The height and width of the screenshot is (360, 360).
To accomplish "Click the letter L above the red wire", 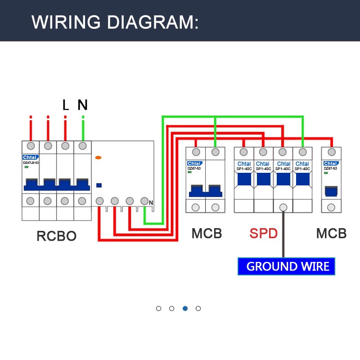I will click(66, 105).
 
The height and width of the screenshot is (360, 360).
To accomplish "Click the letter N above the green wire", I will click(82, 105).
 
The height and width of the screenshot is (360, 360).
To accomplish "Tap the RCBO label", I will click(56, 236).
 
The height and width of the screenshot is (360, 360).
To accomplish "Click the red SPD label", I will click(264, 234).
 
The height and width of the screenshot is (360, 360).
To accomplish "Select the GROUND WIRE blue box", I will click(287, 266).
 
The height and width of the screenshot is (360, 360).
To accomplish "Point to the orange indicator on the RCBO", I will click(98, 157).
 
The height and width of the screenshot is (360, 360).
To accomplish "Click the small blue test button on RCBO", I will click(99, 185).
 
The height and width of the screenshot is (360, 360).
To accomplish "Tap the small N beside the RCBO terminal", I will click(151, 203).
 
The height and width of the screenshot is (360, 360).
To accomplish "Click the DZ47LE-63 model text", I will click(31, 163).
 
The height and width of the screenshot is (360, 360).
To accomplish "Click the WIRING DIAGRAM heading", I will click(115, 22).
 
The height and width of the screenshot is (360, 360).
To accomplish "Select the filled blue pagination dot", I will click(185, 308).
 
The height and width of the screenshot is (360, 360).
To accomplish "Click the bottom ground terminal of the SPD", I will click(283, 207).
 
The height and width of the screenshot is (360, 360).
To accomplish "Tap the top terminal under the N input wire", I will click(82, 146).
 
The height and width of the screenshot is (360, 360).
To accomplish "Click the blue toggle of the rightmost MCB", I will click(331, 191).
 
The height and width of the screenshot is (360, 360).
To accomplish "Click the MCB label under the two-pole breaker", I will click(207, 234).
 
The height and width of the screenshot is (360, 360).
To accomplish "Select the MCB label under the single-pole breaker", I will click(331, 234).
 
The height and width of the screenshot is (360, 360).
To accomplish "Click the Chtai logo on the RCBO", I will click(31, 157).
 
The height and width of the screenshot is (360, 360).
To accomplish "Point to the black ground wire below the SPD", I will click(283, 234).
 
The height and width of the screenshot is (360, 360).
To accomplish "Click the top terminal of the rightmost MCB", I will click(331, 152).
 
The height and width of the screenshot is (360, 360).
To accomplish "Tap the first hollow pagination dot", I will click(158, 308).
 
